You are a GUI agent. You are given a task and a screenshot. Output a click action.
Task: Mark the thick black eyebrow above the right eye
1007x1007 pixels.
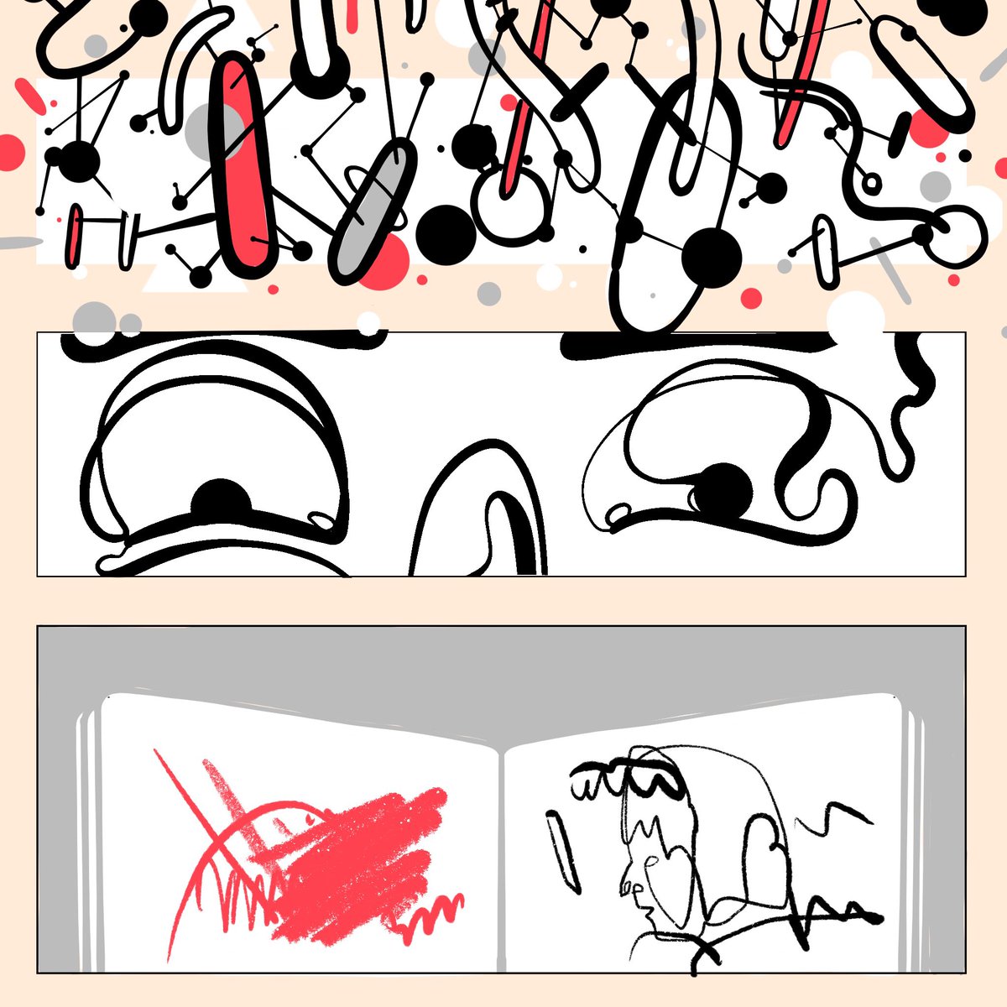click(697, 342)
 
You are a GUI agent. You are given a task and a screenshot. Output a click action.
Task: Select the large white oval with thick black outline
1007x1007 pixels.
click(671, 201)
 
